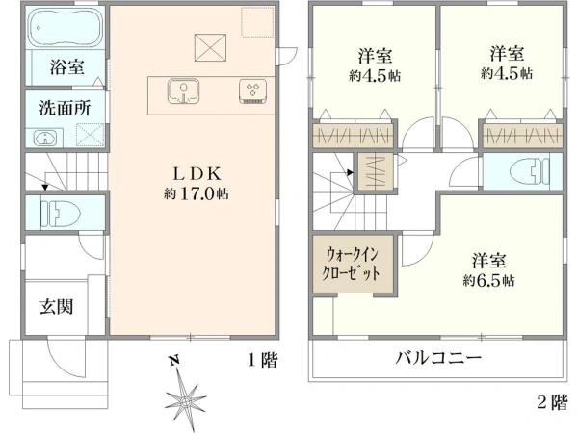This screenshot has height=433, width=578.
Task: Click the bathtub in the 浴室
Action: [x=66, y=28]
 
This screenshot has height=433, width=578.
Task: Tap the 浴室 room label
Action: [x=66, y=67]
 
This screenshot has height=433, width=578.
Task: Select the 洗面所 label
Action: [x=65, y=108]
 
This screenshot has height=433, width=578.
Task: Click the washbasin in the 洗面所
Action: [x=45, y=138]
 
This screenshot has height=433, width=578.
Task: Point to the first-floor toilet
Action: [x=61, y=215]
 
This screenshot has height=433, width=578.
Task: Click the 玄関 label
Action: [x=57, y=306]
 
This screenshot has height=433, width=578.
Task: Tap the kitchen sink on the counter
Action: [x=183, y=90]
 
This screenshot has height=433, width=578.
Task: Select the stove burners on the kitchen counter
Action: [x=252, y=91]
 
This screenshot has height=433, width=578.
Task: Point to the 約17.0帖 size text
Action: [x=196, y=193]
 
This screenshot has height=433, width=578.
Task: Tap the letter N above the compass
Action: [x=174, y=361]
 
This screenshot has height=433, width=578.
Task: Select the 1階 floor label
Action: [x=262, y=360]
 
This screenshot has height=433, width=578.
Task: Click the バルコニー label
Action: [x=438, y=358]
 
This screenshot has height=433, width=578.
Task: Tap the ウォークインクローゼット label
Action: [x=351, y=264]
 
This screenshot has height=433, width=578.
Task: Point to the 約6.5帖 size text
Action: [x=488, y=281]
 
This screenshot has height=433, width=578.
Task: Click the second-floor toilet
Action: [x=530, y=171]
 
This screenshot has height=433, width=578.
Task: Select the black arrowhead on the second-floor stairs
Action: [x=350, y=172]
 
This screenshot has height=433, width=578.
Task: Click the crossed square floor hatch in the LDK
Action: [x=210, y=47]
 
